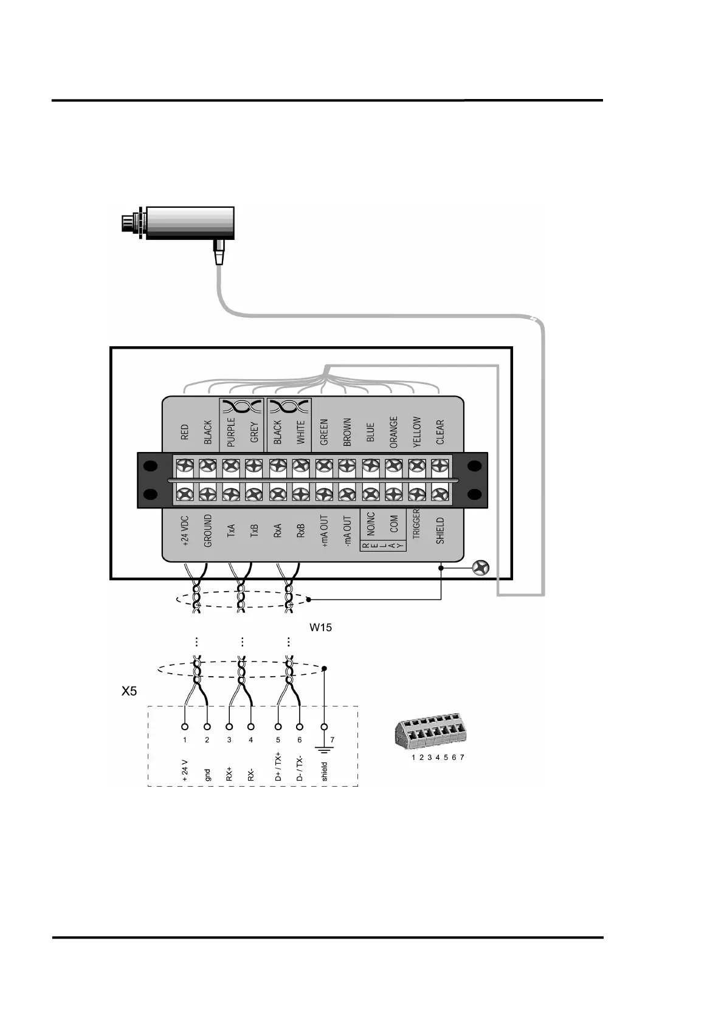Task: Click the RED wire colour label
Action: tap(185, 432)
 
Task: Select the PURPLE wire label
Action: tap(231, 432)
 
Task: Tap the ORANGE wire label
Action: tap(393, 432)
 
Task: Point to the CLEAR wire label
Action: tap(440, 432)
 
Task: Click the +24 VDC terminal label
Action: tap(185, 533)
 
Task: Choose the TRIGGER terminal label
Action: tap(416, 524)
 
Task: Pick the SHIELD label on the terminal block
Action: tap(440, 530)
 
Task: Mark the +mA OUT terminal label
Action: tap(324, 532)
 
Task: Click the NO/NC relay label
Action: tap(371, 524)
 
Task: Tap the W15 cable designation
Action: tap(320, 628)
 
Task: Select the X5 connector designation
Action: tap(129, 691)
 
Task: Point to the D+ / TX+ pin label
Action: tap(278, 768)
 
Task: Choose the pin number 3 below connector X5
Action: tap(229, 740)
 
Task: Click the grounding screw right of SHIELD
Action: tap(481, 569)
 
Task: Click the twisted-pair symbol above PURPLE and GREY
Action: tap(241, 406)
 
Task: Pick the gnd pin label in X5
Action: tap(207, 775)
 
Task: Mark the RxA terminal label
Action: tap(278, 531)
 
